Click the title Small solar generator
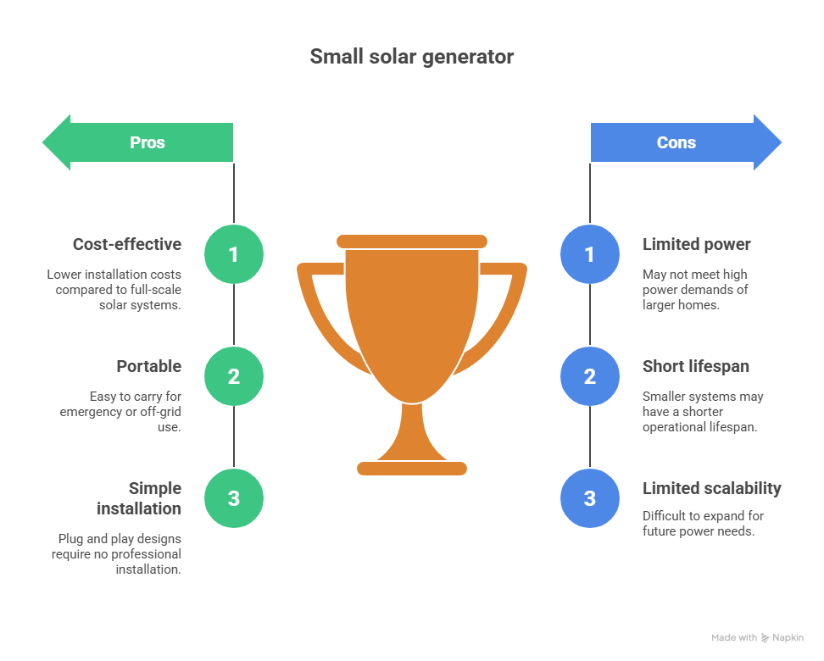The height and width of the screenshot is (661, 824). tap(411, 57)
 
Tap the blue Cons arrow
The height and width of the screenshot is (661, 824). tap(678, 142)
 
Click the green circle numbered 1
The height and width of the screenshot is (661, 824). tap(234, 254)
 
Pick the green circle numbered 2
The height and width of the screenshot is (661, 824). tap(234, 376)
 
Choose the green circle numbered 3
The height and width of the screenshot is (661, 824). tap(234, 498)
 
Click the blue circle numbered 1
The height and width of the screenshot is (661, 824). tap(590, 254)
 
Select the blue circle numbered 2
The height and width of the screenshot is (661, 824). tap(590, 376)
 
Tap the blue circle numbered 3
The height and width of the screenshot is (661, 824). tap(590, 498)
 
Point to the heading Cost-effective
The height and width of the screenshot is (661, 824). tap(127, 245)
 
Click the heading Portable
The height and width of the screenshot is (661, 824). tap(148, 367)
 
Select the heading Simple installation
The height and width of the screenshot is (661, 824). tap(139, 498)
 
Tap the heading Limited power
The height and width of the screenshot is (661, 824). tap(696, 245)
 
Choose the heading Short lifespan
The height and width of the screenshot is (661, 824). tap(695, 367)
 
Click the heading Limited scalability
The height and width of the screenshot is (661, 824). tap(711, 489)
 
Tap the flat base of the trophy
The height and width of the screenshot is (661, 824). tap(412, 468)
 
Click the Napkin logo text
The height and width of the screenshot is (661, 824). tap(788, 637)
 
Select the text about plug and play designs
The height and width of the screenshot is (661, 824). tap(120, 554)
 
